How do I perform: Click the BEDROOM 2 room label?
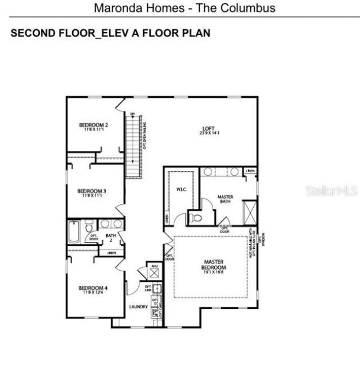coord(93,125)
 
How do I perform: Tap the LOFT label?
coord(208,129)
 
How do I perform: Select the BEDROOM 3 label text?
coord(92,191)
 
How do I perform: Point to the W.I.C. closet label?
coord(181,189)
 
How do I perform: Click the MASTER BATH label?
coord(225,199)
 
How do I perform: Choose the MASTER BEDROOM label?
coord(214,265)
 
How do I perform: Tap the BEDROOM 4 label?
coord(93,289)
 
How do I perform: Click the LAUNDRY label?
coord(138,307)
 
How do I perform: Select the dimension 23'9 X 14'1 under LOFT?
coord(208,133)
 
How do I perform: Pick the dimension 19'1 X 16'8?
coord(214,272)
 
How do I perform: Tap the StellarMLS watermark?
coord(331,191)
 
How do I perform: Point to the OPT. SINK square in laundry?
coord(157,289)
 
